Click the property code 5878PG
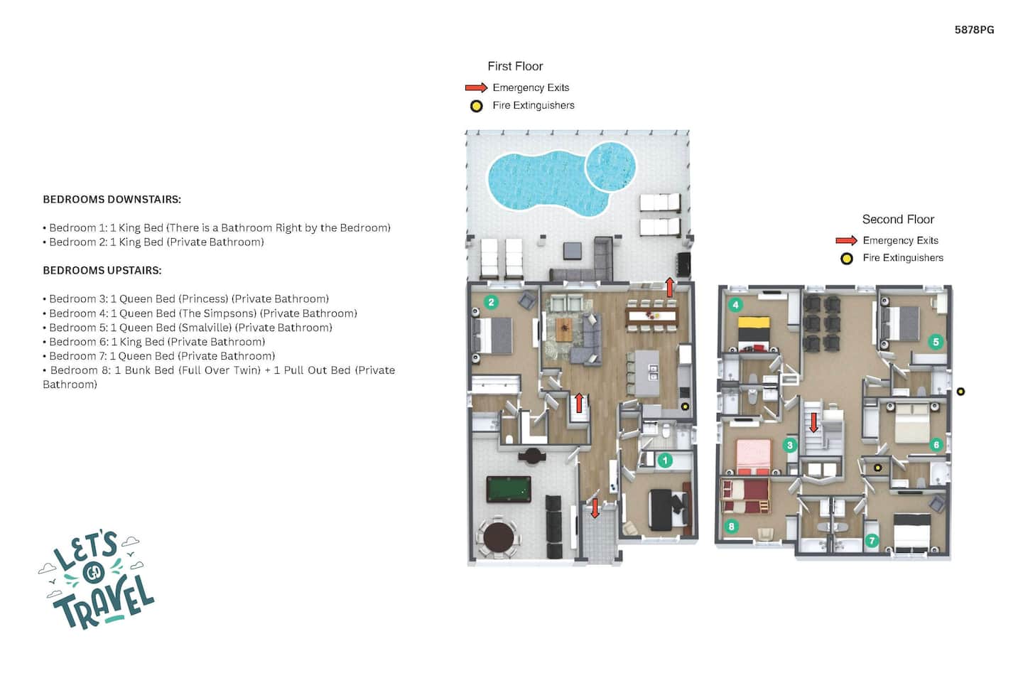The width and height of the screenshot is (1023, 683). coord(974,30)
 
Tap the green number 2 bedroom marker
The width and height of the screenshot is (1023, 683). coord(491,302)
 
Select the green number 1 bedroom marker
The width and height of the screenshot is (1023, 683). coord(665,460)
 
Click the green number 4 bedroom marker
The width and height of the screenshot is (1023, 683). coord(735,305)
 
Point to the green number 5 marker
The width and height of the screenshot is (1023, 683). coord(936,342)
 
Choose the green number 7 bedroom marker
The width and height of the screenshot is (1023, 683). coord(872,541)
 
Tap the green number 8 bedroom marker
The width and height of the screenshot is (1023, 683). coord(731,527)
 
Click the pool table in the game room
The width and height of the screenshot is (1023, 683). coord(509,489)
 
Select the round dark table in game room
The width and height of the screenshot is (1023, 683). coord(498,538)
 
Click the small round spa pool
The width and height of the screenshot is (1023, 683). coord(611,166)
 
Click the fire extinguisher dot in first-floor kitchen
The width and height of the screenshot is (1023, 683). coord(685,406)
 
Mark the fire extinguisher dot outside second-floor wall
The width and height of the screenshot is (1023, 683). coord(961,392)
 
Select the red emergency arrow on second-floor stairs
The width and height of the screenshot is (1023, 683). coord(813,423)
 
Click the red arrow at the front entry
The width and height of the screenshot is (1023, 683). coord(595,508)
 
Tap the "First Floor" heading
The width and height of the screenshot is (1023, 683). coord(515,66)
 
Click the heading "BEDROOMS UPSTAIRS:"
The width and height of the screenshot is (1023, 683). coord(102,271)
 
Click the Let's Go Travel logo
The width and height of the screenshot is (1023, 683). coord(97,580)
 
